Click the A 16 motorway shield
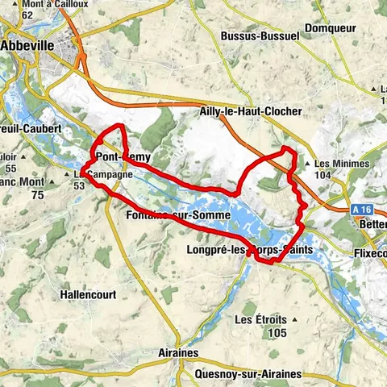pos(361,209)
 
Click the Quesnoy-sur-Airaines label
pos(248,374)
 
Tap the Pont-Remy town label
pos(123,156)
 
